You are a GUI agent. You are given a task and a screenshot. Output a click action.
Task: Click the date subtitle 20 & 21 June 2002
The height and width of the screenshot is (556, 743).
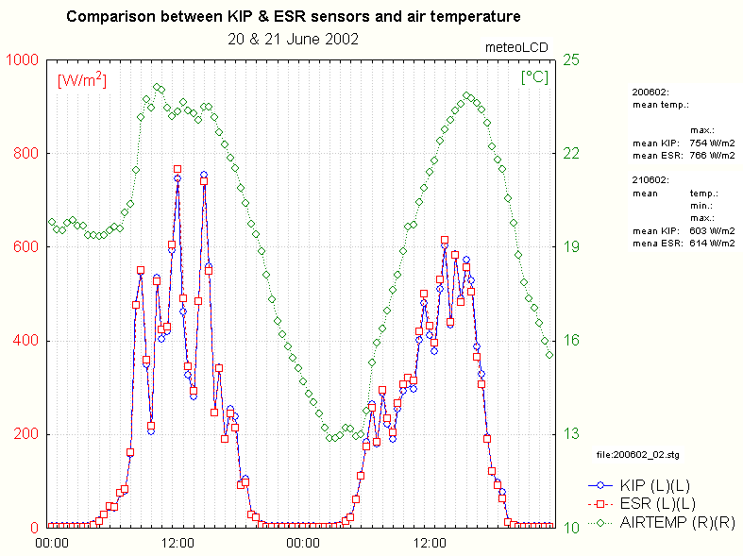coord(293,39)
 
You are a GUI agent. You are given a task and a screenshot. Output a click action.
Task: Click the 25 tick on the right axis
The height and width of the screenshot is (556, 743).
coord(569,59)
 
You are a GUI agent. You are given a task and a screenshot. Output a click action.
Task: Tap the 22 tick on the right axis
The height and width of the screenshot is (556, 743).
coord(569,153)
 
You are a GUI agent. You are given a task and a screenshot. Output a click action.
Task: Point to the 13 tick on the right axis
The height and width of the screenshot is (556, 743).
coord(569,434)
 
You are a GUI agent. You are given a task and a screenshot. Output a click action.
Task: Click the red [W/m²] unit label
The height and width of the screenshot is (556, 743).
coord(82,80)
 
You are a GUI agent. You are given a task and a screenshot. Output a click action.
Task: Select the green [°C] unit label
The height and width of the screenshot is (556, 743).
coord(534,77)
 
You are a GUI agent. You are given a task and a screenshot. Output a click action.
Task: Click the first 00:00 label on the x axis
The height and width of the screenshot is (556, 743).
coord(51,544)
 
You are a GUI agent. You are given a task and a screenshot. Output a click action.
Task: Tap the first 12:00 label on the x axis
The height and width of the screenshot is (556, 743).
coord(177,544)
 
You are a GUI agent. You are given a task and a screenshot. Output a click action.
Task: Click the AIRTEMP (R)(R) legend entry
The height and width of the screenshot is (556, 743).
coord(676,522)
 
